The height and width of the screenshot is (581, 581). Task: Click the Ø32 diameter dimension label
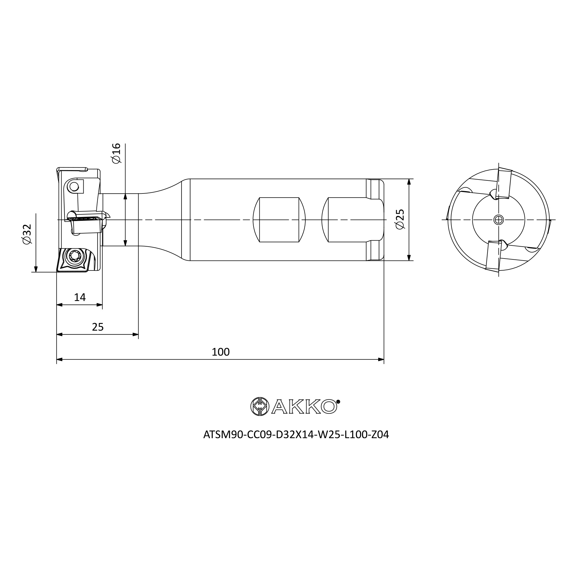(27, 234)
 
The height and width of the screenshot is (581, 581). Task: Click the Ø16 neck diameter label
(116, 153)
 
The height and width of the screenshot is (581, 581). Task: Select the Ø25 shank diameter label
(400, 219)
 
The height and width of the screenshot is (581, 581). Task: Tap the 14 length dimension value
(80, 297)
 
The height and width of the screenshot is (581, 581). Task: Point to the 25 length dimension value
(98, 327)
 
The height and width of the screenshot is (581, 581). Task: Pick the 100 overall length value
(220, 352)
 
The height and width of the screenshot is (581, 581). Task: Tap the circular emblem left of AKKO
(260, 407)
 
